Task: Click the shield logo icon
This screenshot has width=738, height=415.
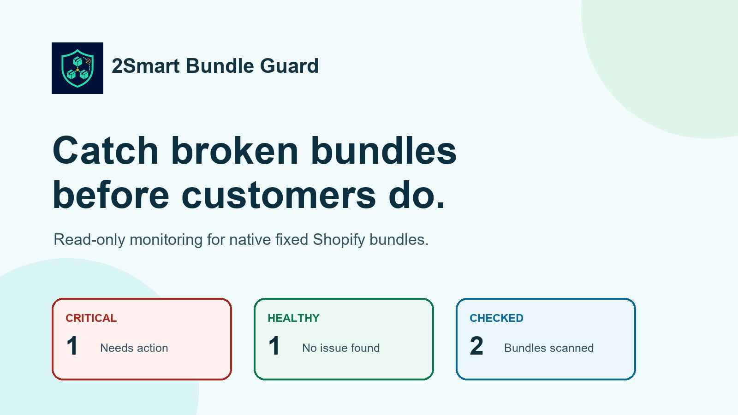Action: tap(77, 68)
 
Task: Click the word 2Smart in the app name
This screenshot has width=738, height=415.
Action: tap(146, 66)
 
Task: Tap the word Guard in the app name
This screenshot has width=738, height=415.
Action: tap(289, 66)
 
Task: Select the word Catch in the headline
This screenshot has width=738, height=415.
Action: tap(106, 150)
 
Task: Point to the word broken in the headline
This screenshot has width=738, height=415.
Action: tap(235, 150)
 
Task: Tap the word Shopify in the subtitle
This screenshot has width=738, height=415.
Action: tap(339, 240)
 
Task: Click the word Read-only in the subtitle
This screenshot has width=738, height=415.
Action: tap(89, 240)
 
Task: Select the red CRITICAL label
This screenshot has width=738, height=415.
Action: tap(91, 318)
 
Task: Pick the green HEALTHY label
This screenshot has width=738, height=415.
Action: tap(293, 318)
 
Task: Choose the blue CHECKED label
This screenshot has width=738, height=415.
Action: tap(496, 318)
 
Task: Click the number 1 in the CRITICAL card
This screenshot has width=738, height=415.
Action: tap(72, 346)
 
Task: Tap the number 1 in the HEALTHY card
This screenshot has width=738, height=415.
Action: tap(274, 346)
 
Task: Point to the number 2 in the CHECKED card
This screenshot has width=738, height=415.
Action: tap(476, 346)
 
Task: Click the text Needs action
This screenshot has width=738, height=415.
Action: tap(134, 348)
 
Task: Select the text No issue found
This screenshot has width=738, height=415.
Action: tap(341, 348)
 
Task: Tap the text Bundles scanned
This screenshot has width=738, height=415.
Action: tap(549, 348)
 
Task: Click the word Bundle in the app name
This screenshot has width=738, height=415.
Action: tap(220, 66)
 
